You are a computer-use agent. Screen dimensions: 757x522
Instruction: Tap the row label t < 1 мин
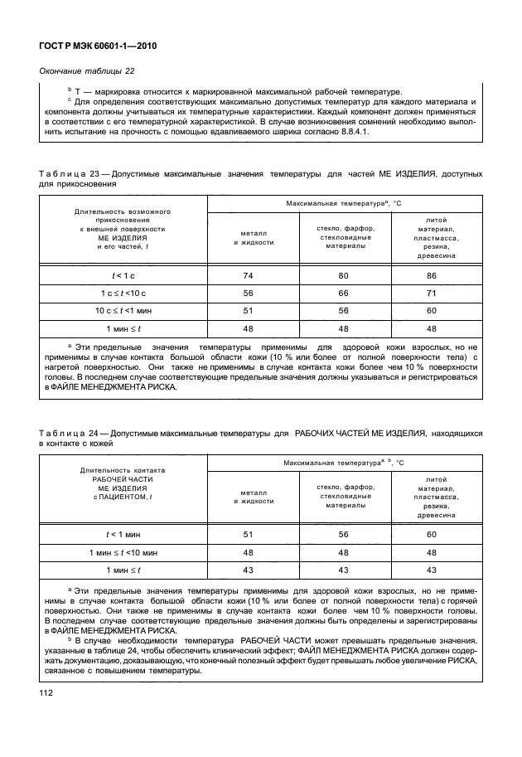[x=124, y=534]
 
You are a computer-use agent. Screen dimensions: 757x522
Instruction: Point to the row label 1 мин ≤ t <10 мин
[x=124, y=551]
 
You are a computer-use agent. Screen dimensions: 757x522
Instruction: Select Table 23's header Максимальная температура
[x=331, y=202]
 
